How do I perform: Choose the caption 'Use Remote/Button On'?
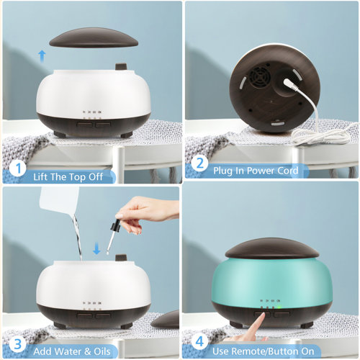tap(264, 349)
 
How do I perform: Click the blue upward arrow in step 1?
tap(42, 56)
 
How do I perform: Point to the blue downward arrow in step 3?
tap(96, 250)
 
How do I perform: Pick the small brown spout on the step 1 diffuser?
tap(120, 68)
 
